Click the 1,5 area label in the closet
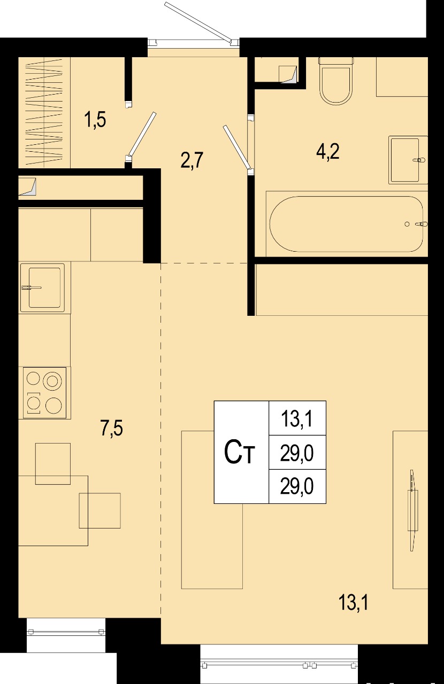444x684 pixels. [95, 119]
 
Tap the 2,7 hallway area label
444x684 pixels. [192, 160]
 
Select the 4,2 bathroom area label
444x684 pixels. [328, 151]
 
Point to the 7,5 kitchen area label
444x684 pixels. [112, 428]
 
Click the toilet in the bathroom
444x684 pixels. [336, 81]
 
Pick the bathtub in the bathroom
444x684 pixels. [347, 224]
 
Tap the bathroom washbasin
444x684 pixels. [408, 160]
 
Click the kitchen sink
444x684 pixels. [43, 287]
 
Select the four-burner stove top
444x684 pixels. [44, 393]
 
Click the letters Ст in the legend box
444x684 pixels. [239, 453]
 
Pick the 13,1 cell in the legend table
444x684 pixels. [297, 418]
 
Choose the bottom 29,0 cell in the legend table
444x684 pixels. [297, 486]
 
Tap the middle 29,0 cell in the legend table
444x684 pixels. [297, 453]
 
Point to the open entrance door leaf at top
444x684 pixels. [198, 21]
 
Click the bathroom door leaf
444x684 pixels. [238, 147]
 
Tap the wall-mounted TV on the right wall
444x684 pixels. [413, 510]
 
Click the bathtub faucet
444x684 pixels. [421, 224]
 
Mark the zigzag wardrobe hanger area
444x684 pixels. [44, 112]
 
